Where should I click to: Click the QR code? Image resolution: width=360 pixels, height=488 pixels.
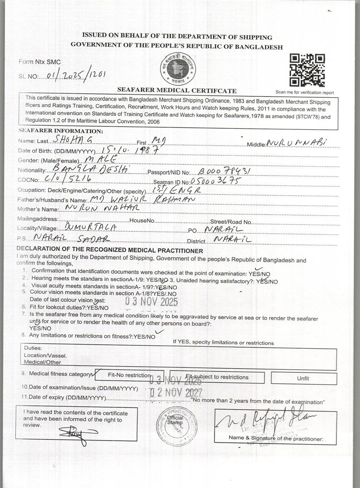pos(307,70)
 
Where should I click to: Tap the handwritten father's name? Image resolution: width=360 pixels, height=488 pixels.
pos(142,199)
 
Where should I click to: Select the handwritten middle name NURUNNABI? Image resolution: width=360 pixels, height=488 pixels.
pos(297,142)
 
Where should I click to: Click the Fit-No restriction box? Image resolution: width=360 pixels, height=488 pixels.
pos(130,375)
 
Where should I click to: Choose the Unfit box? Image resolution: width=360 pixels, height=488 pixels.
pos(303,378)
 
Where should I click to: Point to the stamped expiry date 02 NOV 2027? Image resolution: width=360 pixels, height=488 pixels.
pos(176,392)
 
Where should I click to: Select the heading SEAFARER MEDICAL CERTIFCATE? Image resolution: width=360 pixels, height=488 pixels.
pos(177,90)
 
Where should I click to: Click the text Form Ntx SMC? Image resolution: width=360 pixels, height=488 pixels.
pos(39,62)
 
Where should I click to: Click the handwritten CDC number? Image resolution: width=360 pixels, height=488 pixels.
pos(68,179)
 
